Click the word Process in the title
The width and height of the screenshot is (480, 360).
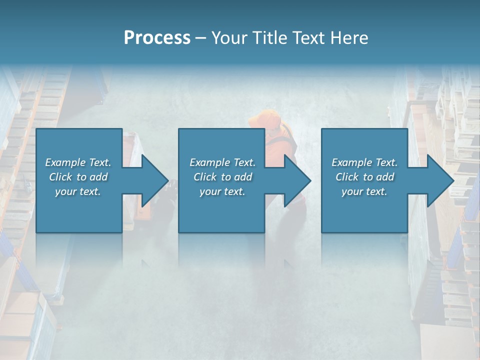coord(157,38)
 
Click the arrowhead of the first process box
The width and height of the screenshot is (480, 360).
coord(152,180)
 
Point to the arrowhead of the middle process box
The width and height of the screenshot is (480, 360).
coord(295,180)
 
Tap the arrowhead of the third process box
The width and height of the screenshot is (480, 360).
coord(438,180)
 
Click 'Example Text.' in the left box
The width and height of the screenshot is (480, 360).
coord(78,162)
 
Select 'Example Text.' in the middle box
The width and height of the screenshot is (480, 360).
coord(222,162)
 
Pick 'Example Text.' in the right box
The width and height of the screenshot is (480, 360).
coord(364,162)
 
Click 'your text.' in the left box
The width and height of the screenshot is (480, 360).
coord(78,191)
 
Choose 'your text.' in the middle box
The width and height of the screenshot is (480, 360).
coord(222,191)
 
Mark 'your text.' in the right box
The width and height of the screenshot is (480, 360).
coord(364,191)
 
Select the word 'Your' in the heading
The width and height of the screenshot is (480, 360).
coord(227,38)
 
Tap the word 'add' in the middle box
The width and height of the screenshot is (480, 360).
coord(242,177)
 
